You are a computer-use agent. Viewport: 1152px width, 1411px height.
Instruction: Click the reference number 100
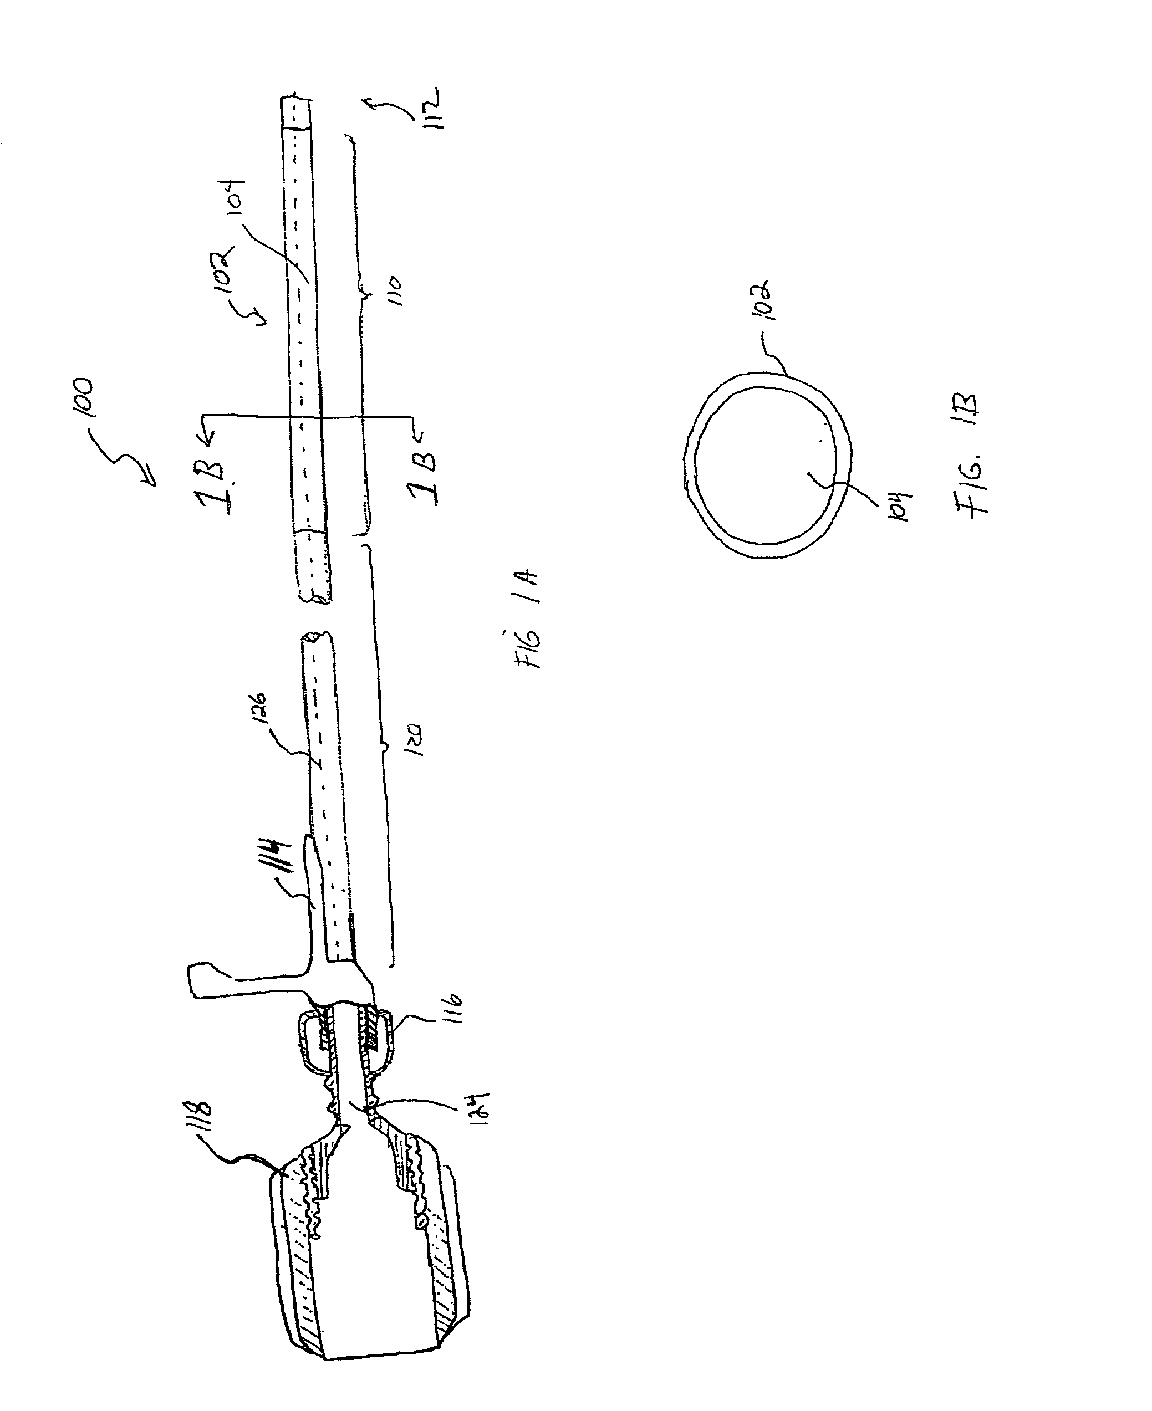pos(85,398)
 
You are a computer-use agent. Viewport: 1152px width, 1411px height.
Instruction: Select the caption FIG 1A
pos(529,620)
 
